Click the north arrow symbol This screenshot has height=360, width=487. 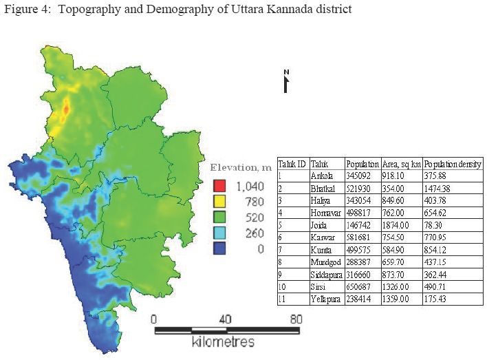click(x=286, y=81)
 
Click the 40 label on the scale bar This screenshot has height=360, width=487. click(x=224, y=319)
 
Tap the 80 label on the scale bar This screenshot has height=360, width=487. click(x=296, y=319)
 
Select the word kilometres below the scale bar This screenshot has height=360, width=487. click(x=225, y=342)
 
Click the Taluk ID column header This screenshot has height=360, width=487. click(x=292, y=164)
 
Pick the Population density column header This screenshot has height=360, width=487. click(x=453, y=164)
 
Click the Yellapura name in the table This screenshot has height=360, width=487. click(x=325, y=299)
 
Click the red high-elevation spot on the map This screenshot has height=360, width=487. click(x=67, y=109)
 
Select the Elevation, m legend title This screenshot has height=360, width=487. click(x=241, y=168)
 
